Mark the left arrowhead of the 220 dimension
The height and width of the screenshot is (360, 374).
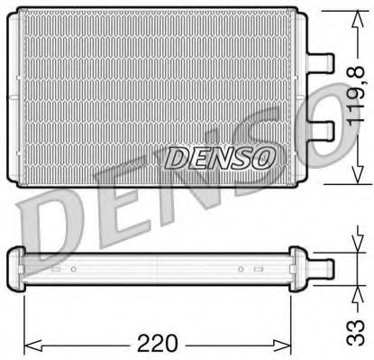pyautogui.click(x=27, y=344)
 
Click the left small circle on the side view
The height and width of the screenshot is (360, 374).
pyautogui.click(x=73, y=269)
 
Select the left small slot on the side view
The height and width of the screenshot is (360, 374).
pyautogui.click(x=56, y=269)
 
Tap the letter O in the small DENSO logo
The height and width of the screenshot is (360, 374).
pyautogui.click(x=261, y=159)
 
